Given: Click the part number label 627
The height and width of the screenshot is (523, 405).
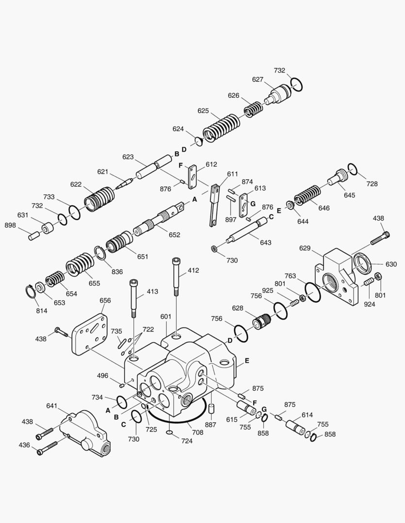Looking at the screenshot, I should (257, 79).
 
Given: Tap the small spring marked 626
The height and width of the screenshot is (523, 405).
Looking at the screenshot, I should (253, 109).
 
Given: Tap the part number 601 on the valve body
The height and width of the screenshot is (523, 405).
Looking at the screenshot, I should (166, 317).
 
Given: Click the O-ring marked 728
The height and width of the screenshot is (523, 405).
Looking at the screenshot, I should (353, 169).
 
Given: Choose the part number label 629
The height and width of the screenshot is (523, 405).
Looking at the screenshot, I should (305, 248).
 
